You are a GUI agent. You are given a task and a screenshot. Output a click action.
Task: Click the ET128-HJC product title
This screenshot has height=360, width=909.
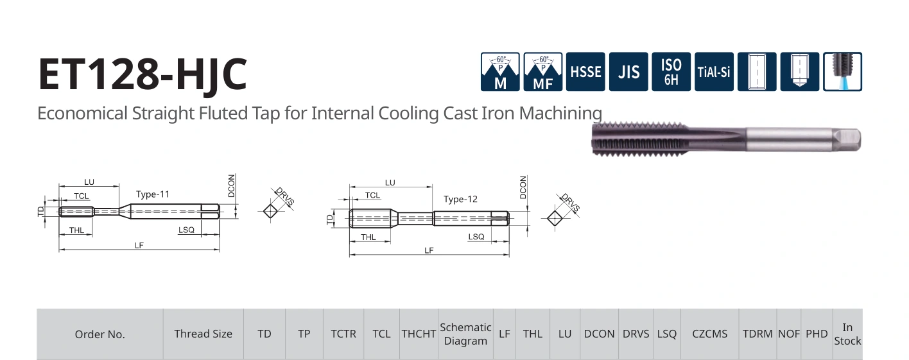click(x=143, y=74)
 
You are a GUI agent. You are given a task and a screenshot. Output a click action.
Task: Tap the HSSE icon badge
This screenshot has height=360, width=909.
click(x=585, y=72)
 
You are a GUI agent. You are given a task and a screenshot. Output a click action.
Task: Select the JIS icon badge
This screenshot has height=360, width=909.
click(x=628, y=72)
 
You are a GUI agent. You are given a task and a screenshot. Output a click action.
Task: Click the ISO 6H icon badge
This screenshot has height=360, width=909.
click(x=671, y=72)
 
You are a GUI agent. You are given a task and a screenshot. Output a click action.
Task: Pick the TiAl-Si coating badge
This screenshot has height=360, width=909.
click(x=714, y=72)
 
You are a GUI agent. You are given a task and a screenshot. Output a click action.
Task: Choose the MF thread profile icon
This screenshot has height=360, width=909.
click(x=543, y=72)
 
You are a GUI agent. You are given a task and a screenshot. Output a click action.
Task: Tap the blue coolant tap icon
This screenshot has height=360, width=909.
click(x=842, y=72)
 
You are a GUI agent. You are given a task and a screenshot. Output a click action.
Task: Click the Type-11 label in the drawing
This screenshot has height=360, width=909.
click(x=153, y=194)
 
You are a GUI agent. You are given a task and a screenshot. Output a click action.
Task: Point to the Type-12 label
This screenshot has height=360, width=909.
click(x=460, y=200)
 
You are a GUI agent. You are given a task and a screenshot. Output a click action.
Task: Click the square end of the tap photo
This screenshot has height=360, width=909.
click(x=847, y=140)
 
